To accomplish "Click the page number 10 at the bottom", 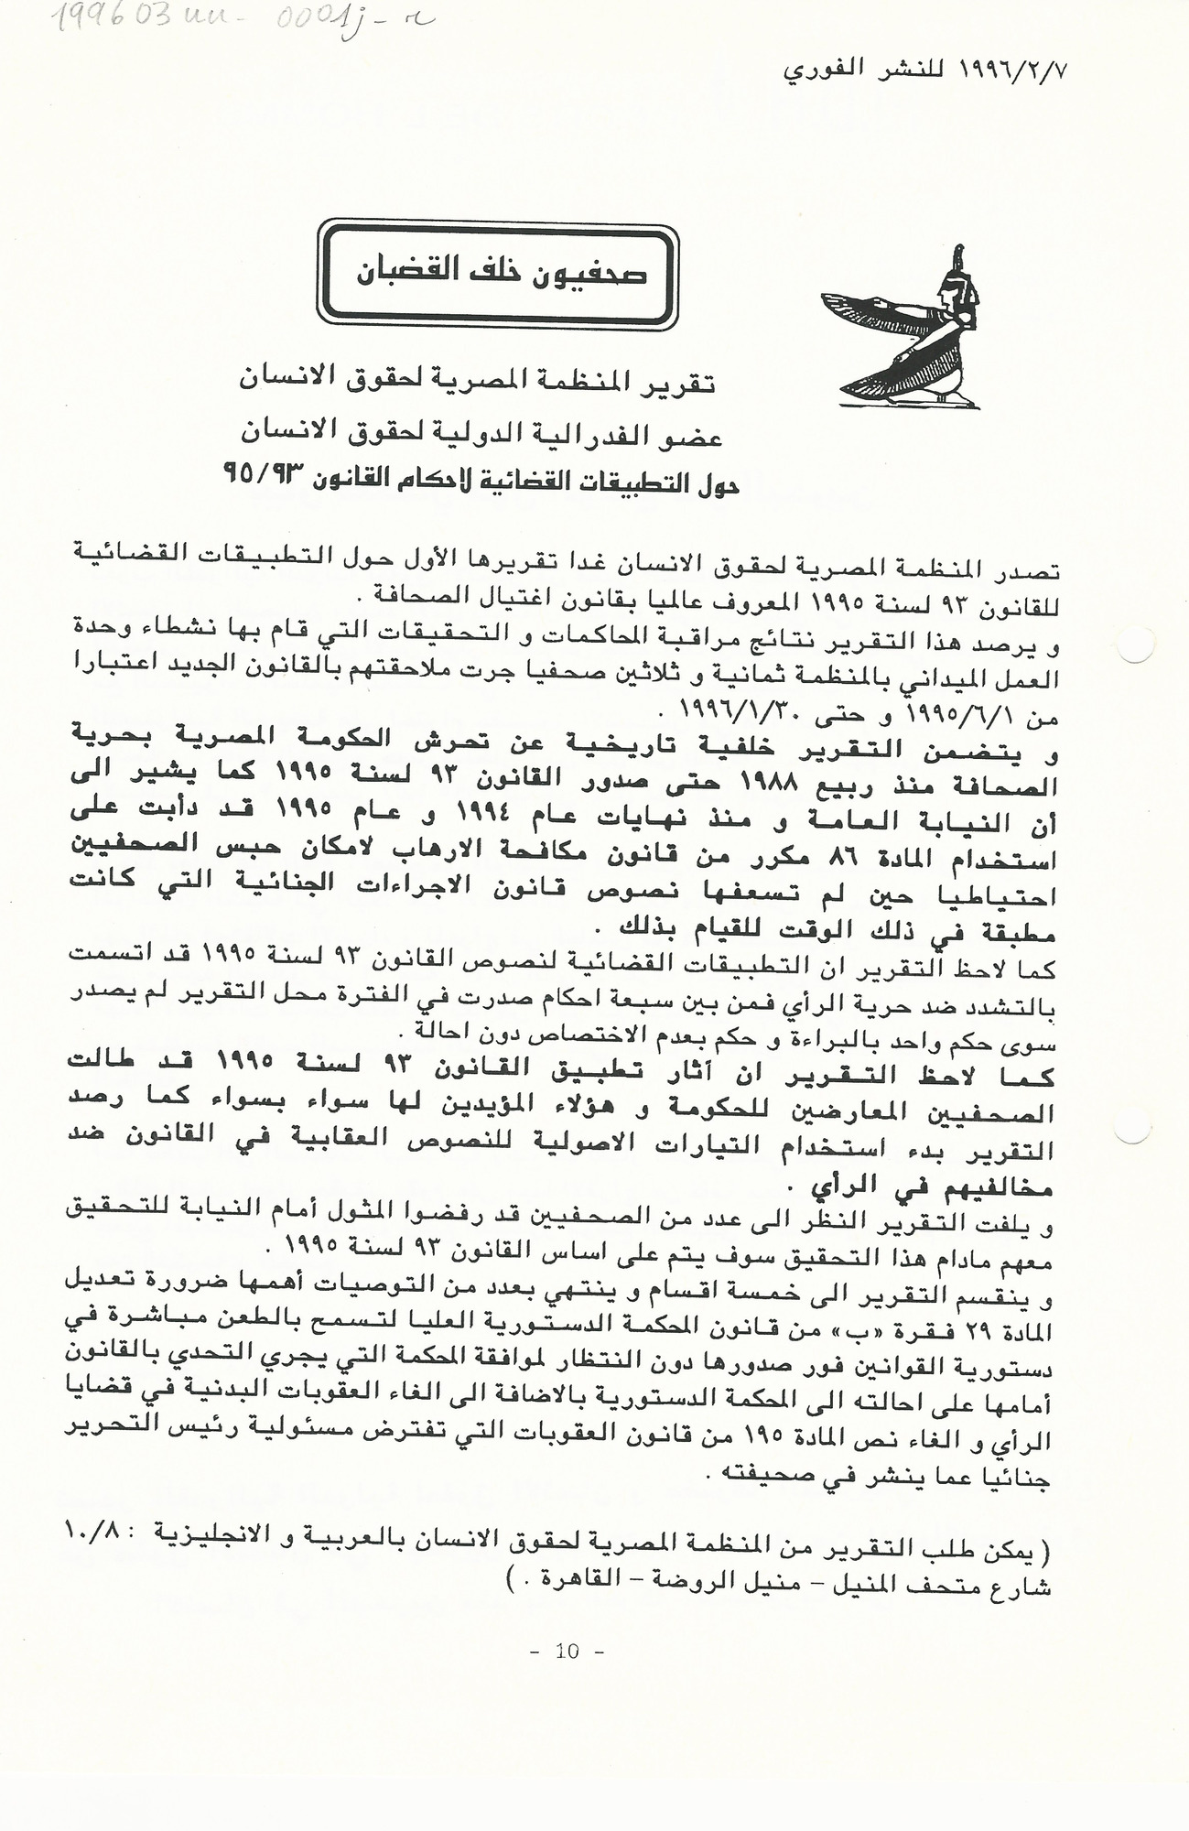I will [567, 1652].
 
